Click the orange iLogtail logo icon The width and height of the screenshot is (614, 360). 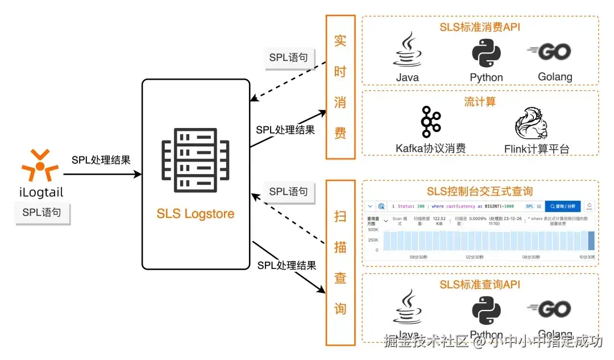(x=40, y=164)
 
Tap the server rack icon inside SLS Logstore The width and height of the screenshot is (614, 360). (x=196, y=161)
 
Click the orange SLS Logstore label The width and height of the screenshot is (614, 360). (x=196, y=214)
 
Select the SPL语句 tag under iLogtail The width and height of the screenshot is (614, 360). (x=42, y=213)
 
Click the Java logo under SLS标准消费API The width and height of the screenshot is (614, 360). (x=407, y=51)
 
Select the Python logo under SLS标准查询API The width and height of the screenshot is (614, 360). (x=486, y=309)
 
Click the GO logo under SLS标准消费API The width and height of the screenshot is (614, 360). (x=549, y=52)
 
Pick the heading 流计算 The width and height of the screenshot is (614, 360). (x=480, y=102)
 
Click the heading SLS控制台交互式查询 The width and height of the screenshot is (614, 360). (x=480, y=191)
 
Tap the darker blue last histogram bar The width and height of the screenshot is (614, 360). (x=591, y=241)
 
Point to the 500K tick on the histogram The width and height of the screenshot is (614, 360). (x=373, y=230)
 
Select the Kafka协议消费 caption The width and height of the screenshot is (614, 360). (x=430, y=148)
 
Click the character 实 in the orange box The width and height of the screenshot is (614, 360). (x=340, y=41)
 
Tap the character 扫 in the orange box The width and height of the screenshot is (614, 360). (x=340, y=217)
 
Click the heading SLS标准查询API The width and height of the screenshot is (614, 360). (x=480, y=283)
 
